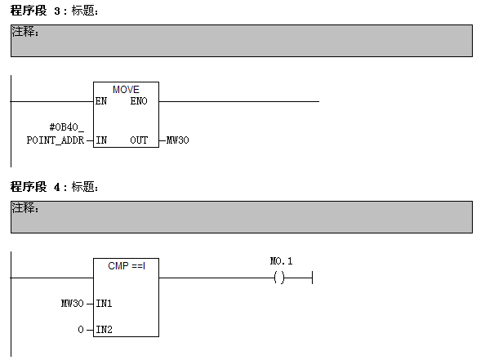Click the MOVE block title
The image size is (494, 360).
click(x=126, y=89)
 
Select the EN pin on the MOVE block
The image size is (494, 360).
click(x=101, y=101)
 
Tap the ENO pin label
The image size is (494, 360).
click(x=139, y=101)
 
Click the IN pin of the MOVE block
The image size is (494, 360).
click(x=101, y=140)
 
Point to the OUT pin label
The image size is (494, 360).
click(x=139, y=140)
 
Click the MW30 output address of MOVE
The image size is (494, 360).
click(x=178, y=140)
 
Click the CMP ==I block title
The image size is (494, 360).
click(x=126, y=266)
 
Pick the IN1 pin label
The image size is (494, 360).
click(x=104, y=304)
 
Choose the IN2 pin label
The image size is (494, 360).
click(x=104, y=330)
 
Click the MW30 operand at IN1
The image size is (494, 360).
click(x=73, y=304)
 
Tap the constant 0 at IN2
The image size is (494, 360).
click(x=80, y=330)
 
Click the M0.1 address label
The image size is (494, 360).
click(x=281, y=261)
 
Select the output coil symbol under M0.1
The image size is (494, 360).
click(x=279, y=278)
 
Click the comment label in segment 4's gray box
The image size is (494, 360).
click(x=25, y=208)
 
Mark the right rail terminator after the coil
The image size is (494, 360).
click(x=314, y=278)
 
